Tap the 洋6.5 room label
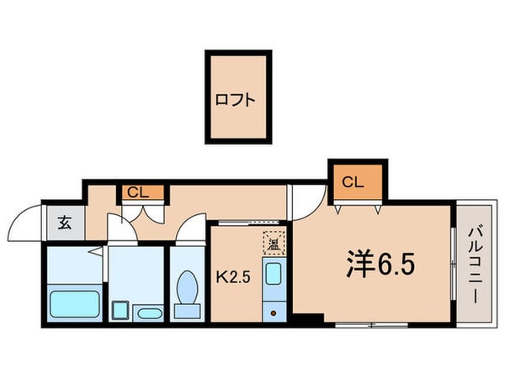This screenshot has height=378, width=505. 380,267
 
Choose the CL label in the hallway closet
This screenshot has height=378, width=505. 137,192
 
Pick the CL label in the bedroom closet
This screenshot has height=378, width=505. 353,181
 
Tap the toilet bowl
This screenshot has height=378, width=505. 188,295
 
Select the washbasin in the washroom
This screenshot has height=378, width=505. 149,313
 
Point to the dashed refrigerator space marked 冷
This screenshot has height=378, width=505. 274,243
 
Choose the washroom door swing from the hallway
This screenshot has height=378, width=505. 118,228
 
